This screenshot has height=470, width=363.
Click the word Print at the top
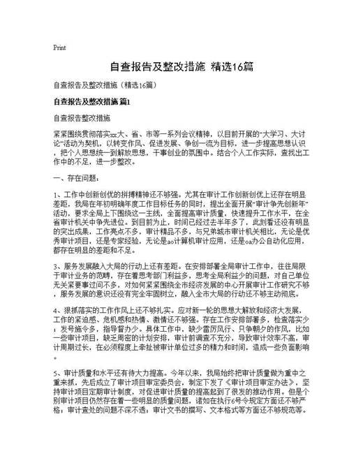(x=59, y=48)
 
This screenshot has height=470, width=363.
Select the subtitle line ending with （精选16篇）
(x=108, y=86)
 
